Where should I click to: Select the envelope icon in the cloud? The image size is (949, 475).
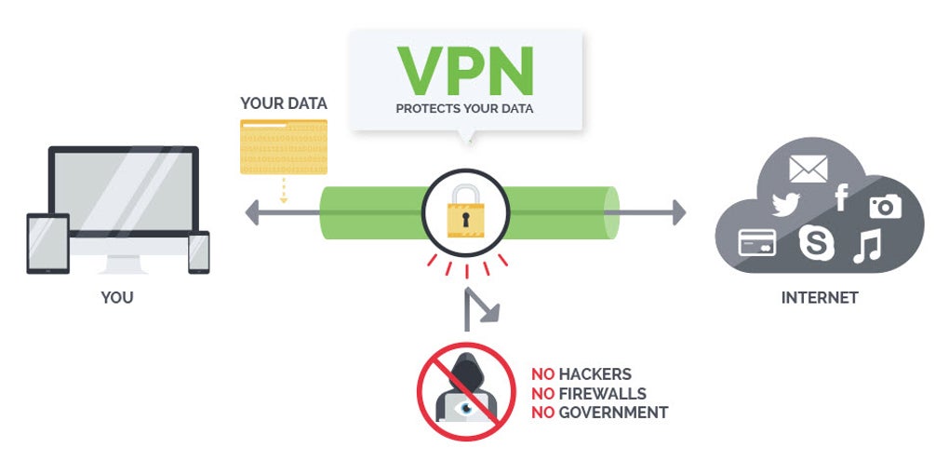(x=808, y=169)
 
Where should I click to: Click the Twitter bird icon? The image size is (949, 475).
(x=786, y=205)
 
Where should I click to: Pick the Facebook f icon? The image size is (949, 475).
(x=841, y=197)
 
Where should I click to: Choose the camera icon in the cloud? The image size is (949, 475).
(x=885, y=206)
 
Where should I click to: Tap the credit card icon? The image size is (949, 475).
(x=756, y=242)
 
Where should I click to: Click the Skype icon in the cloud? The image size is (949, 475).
(x=816, y=243)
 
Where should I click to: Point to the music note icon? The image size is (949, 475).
(x=867, y=245)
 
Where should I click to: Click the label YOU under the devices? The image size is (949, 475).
(x=117, y=298)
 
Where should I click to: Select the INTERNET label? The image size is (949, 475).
(x=820, y=298)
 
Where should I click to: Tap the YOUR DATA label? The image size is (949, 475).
(x=284, y=103)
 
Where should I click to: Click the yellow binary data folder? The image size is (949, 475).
(x=284, y=146)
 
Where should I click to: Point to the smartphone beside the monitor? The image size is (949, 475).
(x=198, y=252)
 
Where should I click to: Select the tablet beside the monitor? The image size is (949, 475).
(x=47, y=244)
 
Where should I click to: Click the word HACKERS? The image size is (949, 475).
(x=595, y=374)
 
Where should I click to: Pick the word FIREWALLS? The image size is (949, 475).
(x=602, y=393)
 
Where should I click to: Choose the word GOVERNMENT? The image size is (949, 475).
(x=613, y=412)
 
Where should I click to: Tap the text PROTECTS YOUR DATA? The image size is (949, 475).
(x=465, y=109)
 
